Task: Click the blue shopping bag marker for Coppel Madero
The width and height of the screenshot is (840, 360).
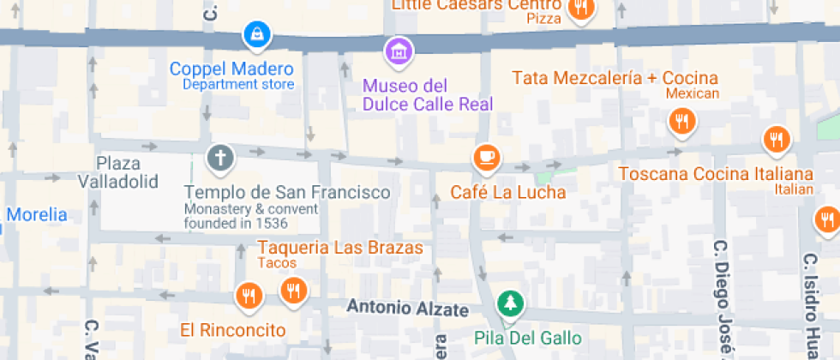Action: tap(256, 35)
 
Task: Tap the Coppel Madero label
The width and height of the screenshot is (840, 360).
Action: tap(231, 69)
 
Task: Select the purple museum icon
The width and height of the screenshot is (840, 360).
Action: tap(398, 50)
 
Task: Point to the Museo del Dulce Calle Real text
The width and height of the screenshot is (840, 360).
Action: tap(427, 95)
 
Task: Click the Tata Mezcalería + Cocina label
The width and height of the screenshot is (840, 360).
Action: tap(615, 77)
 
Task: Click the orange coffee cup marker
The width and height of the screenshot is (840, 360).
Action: tap(486, 157)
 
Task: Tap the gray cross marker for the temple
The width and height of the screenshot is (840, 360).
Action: tap(220, 158)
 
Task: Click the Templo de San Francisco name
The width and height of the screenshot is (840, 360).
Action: tap(287, 192)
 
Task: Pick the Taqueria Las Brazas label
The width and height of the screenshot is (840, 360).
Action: tap(340, 248)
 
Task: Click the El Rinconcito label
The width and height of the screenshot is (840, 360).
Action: tap(232, 329)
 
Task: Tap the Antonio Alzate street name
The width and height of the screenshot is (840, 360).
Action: tap(407, 308)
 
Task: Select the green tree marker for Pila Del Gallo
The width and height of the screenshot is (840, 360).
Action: tap(510, 303)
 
